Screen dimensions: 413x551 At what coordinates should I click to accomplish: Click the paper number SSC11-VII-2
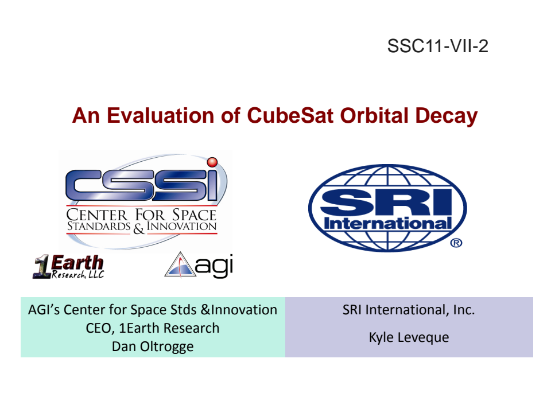click(x=437, y=46)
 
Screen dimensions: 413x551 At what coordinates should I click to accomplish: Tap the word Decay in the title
click(x=447, y=116)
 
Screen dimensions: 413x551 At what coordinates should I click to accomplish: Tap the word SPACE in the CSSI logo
click(x=194, y=215)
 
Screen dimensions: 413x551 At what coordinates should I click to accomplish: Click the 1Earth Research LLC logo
click(x=69, y=267)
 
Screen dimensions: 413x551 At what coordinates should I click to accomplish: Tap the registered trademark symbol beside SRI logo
click(x=456, y=243)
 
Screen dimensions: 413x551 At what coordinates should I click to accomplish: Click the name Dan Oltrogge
click(x=153, y=346)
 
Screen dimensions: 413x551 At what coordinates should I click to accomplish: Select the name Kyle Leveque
click(x=409, y=337)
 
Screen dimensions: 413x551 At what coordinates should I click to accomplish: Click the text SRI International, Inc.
click(x=409, y=310)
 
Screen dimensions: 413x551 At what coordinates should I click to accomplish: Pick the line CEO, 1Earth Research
click(x=153, y=328)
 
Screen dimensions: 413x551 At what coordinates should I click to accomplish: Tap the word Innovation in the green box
click(x=245, y=310)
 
